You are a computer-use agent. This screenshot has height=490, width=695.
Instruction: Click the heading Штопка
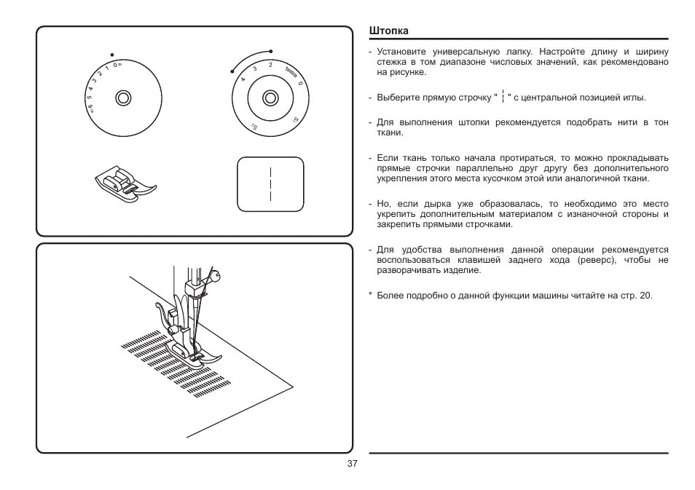[x=388, y=31]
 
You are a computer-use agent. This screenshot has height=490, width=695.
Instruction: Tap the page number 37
[x=353, y=465]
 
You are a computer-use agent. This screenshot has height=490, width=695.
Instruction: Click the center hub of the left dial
[x=122, y=97]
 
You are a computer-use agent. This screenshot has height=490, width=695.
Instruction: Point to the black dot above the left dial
[x=111, y=54]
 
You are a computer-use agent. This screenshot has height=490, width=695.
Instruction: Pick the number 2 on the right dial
[x=270, y=66]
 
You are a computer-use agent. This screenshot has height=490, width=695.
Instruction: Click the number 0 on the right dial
[x=300, y=83]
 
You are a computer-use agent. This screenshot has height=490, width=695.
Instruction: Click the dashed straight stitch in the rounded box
[x=270, y=184]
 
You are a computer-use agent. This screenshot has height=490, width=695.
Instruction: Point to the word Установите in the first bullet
[x=400, y=52]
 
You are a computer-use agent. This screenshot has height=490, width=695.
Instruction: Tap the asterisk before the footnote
[x=371, y=296]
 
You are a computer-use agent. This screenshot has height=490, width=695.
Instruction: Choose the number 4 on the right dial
[x=243, y=79]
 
